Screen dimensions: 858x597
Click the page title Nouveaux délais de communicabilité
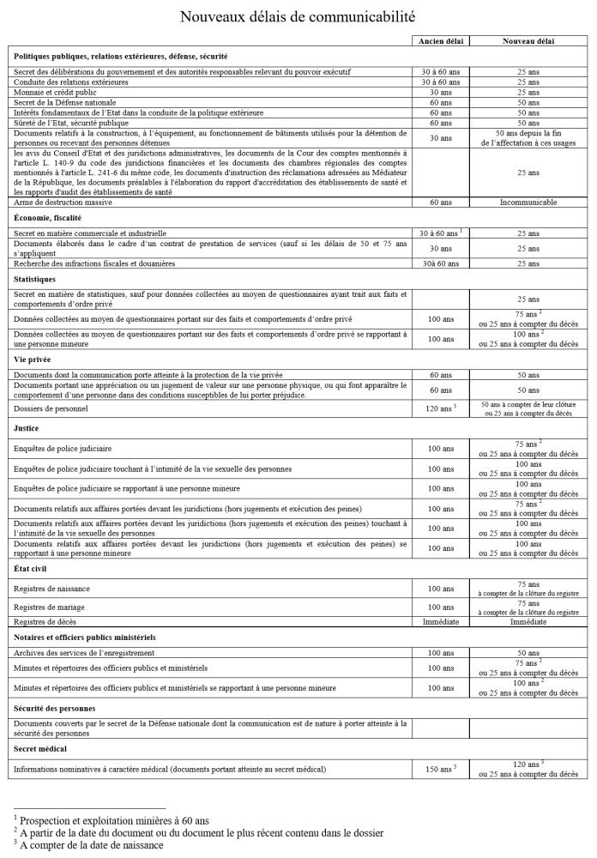pos(298,16)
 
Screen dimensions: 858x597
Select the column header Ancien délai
pos(439,40)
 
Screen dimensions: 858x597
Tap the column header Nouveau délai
pos(528,40)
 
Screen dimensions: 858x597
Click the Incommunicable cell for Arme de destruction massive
pos(528,203)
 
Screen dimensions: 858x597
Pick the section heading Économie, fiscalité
pos(48,218)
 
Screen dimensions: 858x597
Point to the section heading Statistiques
pos(35,279)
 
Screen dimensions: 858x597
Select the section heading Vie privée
pos(34,360)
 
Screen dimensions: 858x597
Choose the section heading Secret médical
pos(41,750)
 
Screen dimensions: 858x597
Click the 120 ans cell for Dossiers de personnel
pos(440,409)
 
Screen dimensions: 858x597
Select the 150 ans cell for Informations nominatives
pos(440,770)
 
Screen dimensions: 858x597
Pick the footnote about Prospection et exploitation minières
pos(112,820)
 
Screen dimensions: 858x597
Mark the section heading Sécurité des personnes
pos(53,709)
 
